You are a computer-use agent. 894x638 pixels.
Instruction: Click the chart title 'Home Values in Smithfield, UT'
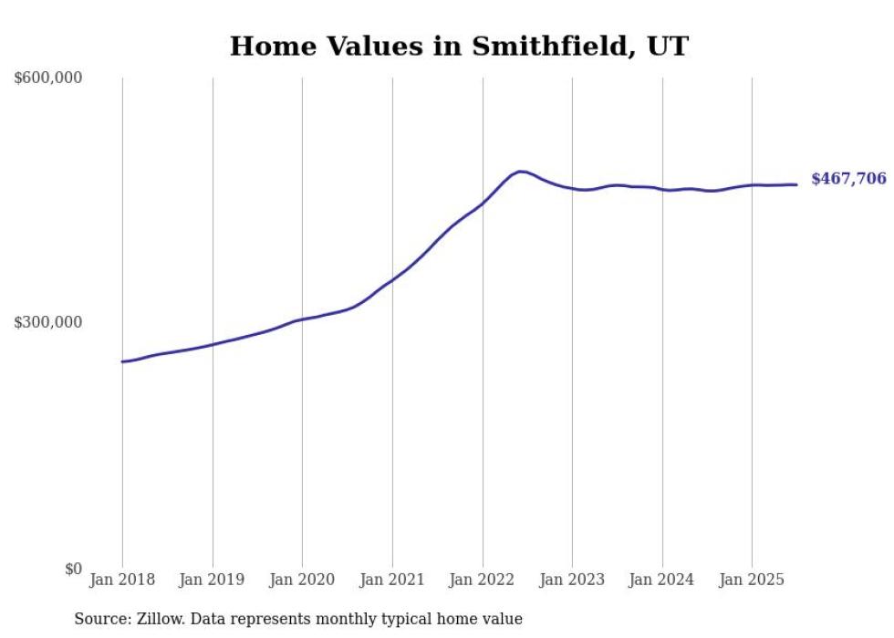click(459, 46)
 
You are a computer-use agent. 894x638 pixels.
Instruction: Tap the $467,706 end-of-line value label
click(848, 179)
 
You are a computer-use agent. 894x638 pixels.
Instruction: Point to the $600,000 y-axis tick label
click(47, 78)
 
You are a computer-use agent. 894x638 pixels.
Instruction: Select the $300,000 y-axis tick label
click(47, 322)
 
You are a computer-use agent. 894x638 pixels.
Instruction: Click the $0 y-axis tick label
click(72, 569)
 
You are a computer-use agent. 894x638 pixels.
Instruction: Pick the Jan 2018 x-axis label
click(122, 580)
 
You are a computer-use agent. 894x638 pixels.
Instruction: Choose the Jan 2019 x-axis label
click(213, 580)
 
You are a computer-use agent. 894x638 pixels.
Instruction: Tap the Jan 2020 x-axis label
click(302, 580)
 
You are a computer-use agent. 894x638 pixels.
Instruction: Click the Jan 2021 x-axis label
click(392, 580)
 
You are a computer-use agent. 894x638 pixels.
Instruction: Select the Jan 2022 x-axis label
click(483, 580)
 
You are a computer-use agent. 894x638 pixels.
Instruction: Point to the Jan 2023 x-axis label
click(572, 580)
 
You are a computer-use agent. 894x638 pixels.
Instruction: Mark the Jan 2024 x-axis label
click(662, 580)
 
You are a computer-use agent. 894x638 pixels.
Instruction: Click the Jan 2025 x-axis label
click(752, 580)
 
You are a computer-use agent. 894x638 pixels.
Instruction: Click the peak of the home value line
click(521, 171)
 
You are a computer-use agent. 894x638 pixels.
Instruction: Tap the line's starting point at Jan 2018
click(122, 361)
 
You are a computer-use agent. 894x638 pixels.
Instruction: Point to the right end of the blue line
click(796, 184)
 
